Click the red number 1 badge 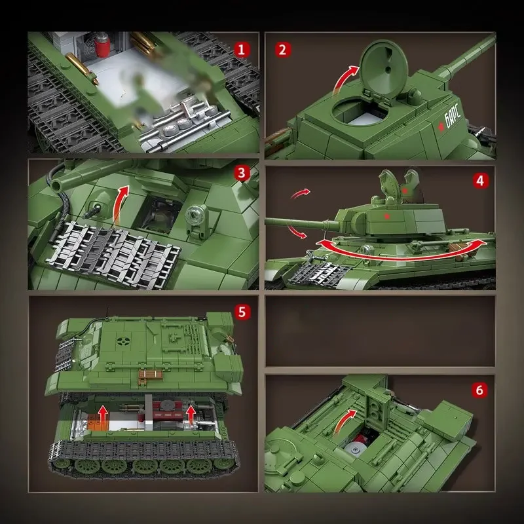[242, 49]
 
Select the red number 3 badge [242, 174]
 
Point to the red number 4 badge [481, 180]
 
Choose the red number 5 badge [242, 312]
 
